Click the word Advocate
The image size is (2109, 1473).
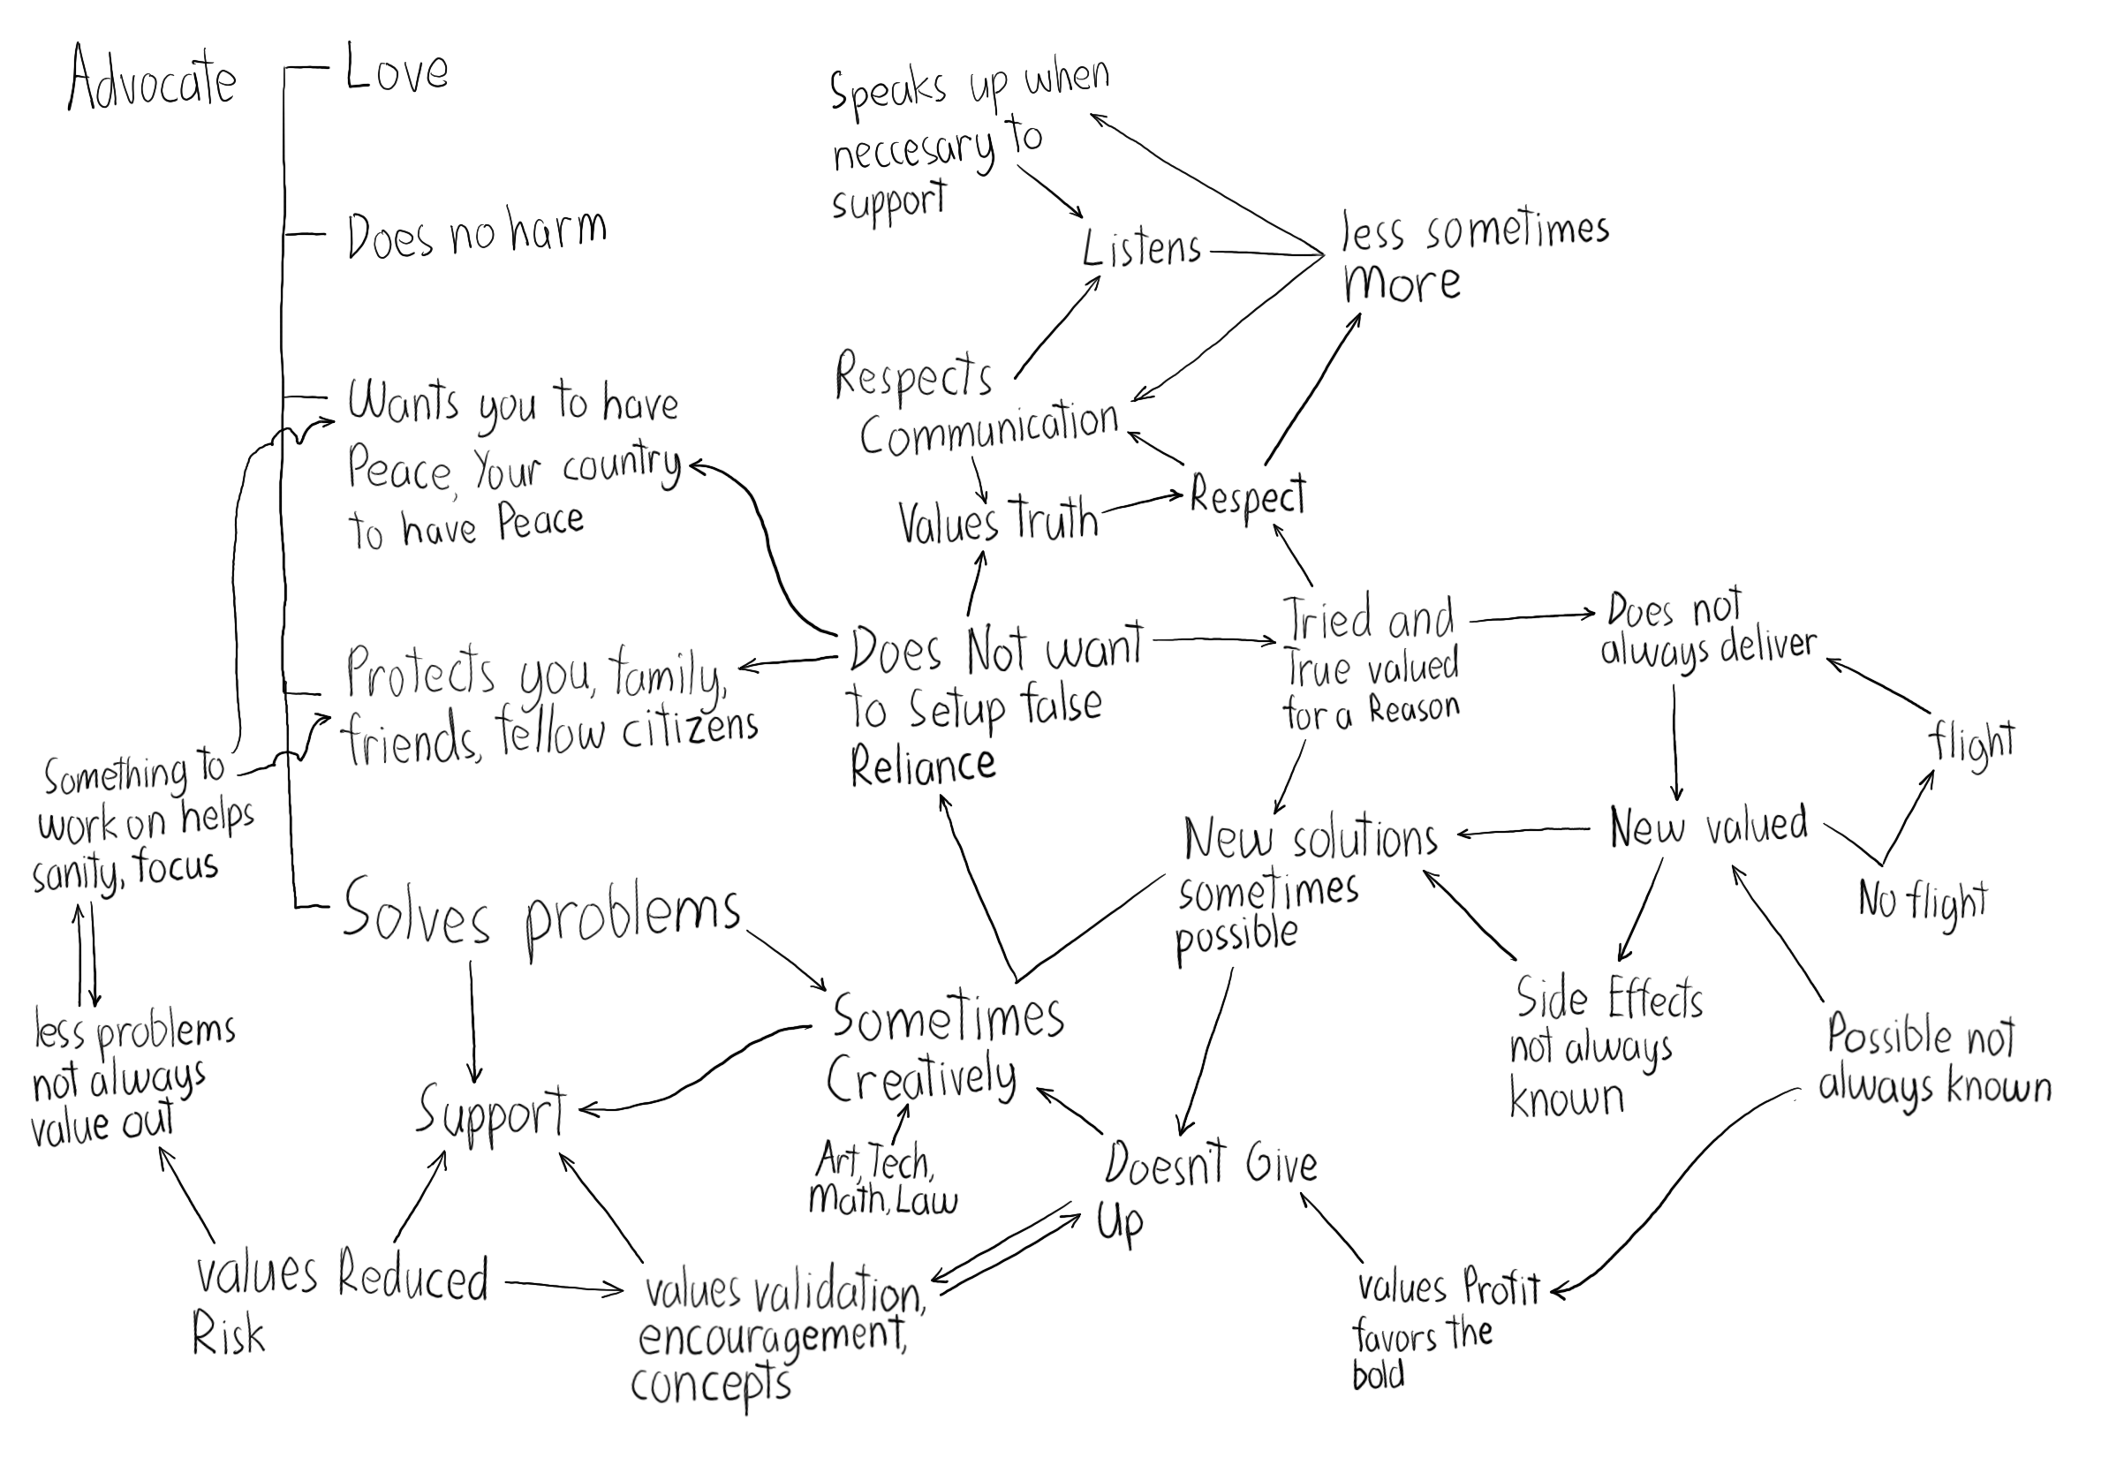(153, 79)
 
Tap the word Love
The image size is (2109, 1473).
(397, 71)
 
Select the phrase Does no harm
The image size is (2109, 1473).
(477, 233)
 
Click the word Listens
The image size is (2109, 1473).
(1141, 248)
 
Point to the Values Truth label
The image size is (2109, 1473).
(998, 521)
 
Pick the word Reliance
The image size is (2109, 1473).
(922, 766)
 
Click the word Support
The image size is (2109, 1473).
(491, 1112)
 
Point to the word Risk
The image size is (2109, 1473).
(228, 1336)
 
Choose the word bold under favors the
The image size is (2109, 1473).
(1378, 1375)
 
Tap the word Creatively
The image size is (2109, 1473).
(921, 1078)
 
